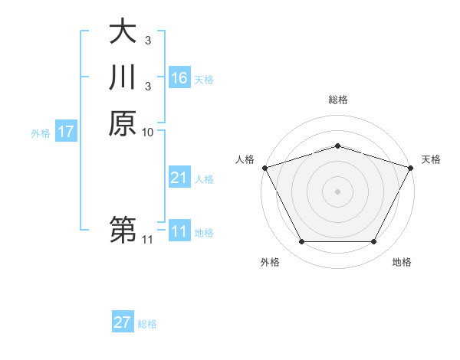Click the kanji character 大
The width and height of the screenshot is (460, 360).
(x=123, y=32)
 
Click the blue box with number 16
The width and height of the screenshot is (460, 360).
(x=179, y=78)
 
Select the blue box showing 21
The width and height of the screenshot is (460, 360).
(x=179, y=178)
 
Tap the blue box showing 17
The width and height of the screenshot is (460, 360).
(x=66, y=132)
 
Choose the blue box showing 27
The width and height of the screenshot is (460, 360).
(x=123, y=322)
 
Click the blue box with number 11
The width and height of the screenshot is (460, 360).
(x=179, y=231)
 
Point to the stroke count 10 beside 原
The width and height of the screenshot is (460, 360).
(x=148, y=133)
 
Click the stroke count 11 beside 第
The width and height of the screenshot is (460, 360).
(x=148, y=240)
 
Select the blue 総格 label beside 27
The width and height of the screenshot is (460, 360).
(x=147, y=324)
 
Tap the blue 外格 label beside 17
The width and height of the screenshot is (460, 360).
(x=41, y=133)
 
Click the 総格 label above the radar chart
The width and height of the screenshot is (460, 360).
(x=337, y=100)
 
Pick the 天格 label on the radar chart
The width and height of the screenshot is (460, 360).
(x=431, y=159)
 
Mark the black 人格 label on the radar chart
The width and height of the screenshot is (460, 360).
(x=245, y=159)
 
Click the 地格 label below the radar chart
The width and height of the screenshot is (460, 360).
(x=402, y=263)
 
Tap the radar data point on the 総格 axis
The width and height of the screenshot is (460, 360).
(x=337, y=146)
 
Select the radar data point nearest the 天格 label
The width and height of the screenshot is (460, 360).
(x=410, y=167)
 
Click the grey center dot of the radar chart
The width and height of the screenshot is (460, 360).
(x=337, y=191)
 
